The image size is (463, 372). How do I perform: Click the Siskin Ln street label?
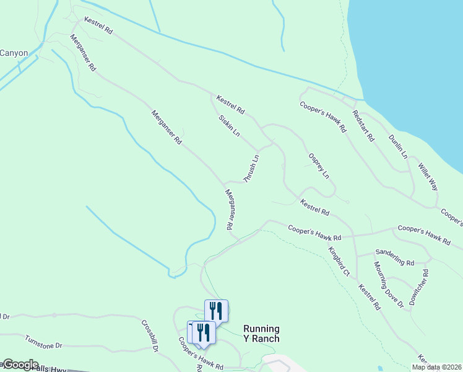coord(229,126)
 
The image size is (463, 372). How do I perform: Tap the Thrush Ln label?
coord(251,168)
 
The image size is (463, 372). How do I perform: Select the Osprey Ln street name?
coord(319,166)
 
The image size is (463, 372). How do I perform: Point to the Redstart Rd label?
coord(363,126)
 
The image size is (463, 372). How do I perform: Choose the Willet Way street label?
coord(428,177)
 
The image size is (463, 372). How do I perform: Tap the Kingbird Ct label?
coord(339,262)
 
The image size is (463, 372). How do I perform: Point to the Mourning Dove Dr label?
coord(388,285)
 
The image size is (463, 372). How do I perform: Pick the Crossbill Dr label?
coord(150,335)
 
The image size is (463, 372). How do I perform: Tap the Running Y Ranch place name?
coord(261,334)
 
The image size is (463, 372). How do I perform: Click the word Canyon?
coord(14,53)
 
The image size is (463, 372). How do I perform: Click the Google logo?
coord(20,365)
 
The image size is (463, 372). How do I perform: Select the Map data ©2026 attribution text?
coord(436,367)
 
